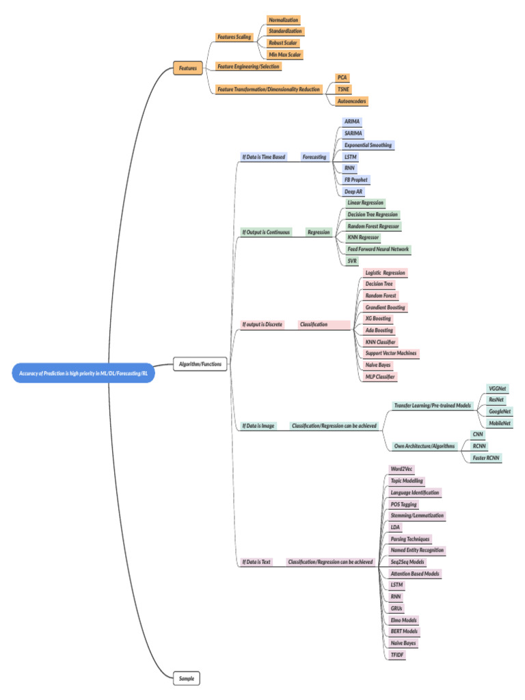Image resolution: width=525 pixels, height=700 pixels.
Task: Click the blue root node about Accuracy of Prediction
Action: pos(83,373)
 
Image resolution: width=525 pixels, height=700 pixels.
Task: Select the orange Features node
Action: pos(187,68)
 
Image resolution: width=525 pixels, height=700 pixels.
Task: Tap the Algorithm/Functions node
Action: pos(200,364)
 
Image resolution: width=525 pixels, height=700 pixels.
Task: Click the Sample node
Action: pos(187,678)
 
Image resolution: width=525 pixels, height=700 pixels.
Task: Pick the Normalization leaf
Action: pos(283,21)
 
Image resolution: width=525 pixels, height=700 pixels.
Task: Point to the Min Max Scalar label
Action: pos(285,54)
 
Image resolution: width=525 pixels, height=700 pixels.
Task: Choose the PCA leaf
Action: pos(342,78)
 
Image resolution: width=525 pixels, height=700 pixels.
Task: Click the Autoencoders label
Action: pos(352,101)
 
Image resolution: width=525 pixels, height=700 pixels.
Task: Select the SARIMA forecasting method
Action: pos(353,133)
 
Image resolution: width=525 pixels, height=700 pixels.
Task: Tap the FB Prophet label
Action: pos(356,180)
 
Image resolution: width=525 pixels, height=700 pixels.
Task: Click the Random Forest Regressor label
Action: pos(373,226)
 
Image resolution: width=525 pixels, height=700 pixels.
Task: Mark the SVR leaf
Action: pos(351,260)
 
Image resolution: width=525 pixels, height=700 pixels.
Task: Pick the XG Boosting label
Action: pos(378,319)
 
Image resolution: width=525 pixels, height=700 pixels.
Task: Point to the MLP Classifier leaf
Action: pos(380,377)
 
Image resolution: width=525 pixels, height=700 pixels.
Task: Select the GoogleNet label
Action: pos(500,412)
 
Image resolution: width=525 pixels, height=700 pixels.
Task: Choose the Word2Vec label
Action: pos(401,469)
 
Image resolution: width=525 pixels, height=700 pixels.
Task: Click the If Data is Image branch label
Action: pos(258,426)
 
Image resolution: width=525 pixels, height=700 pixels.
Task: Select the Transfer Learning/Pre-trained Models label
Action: pos(432,405)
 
